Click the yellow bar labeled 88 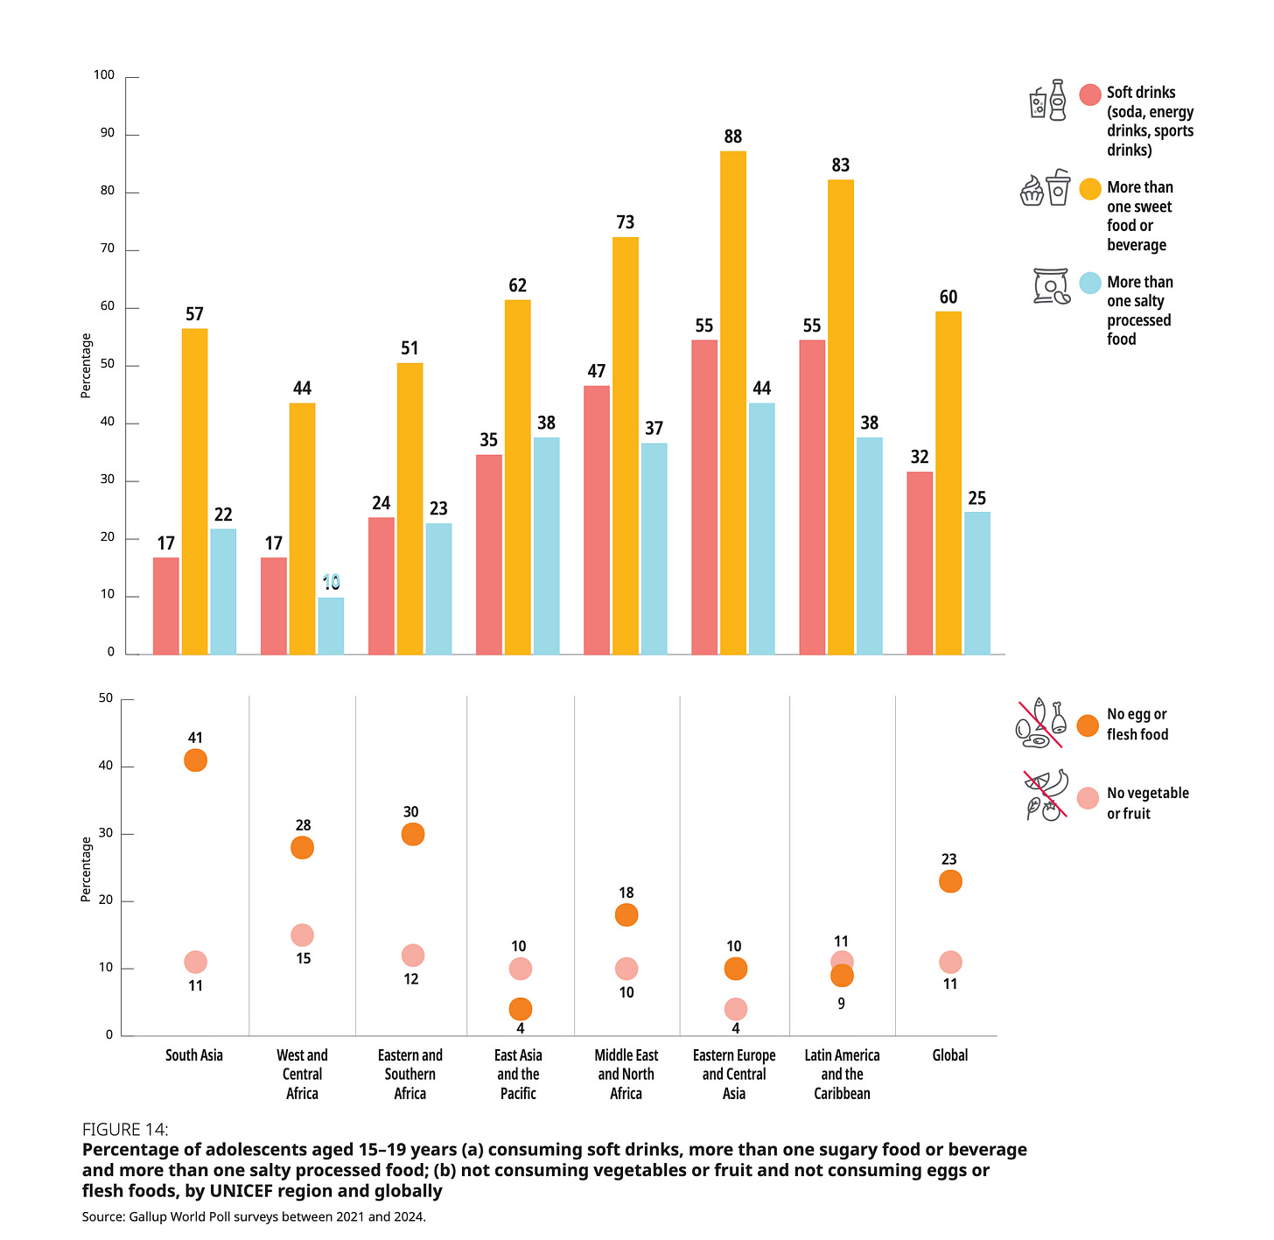[x=733, y=403]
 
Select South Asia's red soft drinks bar [x=166, y=606]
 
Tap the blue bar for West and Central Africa [x=331, y=626]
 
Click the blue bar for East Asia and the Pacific [x=546, y=546]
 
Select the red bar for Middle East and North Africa [x=597, y=520]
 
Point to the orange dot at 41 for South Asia [x=195, y=760]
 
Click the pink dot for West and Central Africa [x=302, y=935]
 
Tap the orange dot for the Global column [x=950, y=881]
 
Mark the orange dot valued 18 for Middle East [x=626, y=915]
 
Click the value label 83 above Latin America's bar [x=841, y=165]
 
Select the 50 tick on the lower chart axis [x=106, y=698]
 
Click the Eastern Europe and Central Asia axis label [x=734, y=1074]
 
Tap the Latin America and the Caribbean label [x=842, y=1074]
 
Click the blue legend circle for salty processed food [x=1089, y=283]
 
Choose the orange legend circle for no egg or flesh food [x=1088, y=725]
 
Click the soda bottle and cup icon [x=1047, y=101]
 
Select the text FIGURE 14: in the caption [x=125, y=1129]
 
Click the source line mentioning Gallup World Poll [x=254, y=1216]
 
